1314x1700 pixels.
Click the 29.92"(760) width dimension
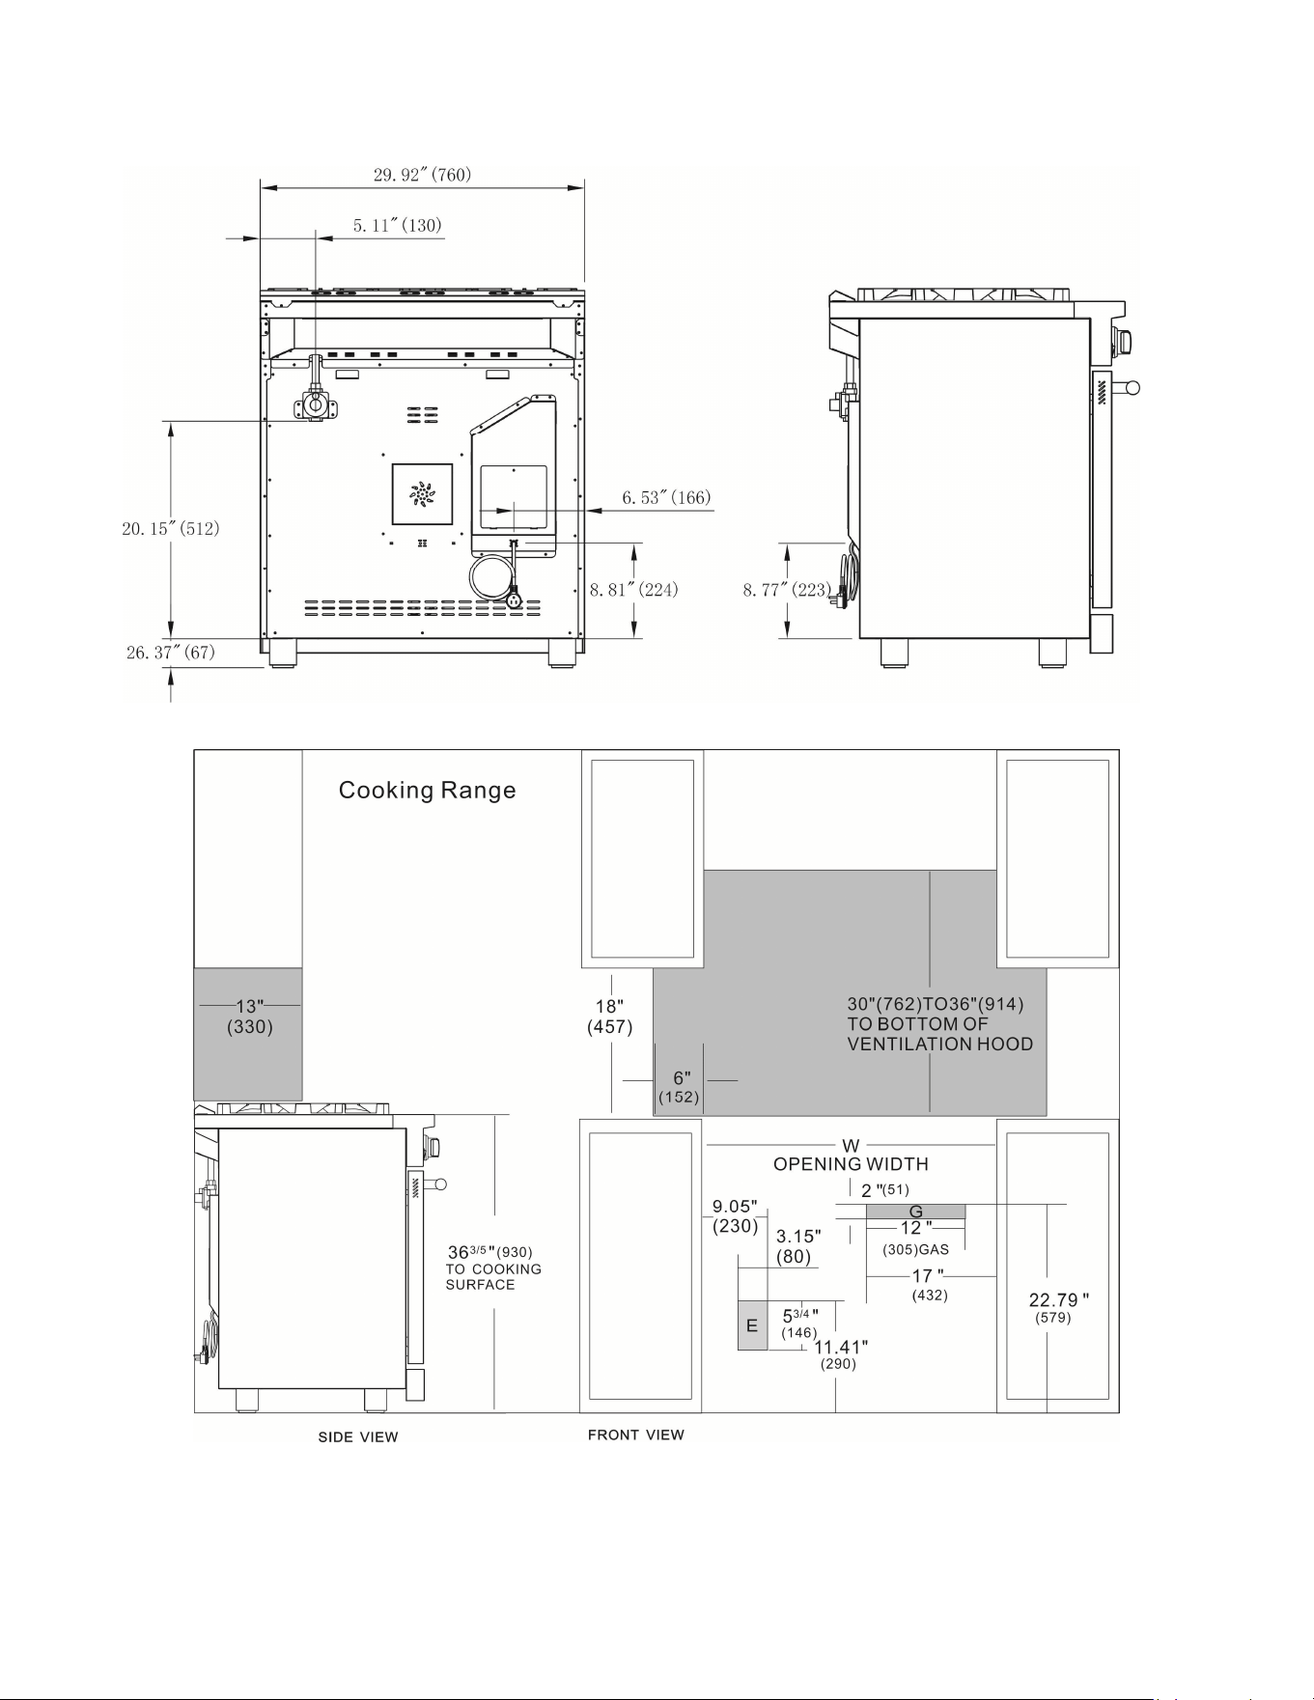point(422,175)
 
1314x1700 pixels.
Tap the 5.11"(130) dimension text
point(397,225)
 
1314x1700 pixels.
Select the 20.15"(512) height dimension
point(170,528)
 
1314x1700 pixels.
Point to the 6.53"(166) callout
point(666,497)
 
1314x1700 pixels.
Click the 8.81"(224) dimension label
point(634,589)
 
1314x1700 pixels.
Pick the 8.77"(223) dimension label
point(787,589)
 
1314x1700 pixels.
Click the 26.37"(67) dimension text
point(170,653)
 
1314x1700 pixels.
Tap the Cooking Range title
point(427,791)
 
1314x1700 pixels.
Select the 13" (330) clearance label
point(250,1017)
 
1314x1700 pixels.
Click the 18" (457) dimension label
point(610,1017)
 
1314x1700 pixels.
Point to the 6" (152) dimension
point(680,1087)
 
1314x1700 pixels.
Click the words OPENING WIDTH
point(851,1164)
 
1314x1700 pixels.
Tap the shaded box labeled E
point(752,1325)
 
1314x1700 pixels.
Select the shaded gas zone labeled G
point(915,1212)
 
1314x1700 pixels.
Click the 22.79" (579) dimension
point(1059,1308)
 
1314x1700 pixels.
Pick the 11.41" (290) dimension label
point(840,1354)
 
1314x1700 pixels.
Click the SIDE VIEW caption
point(358,1437)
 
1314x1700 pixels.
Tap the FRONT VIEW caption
point(636,1435)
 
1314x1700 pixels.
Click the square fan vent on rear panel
point(422,494)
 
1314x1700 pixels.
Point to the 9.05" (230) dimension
point(735,1216)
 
